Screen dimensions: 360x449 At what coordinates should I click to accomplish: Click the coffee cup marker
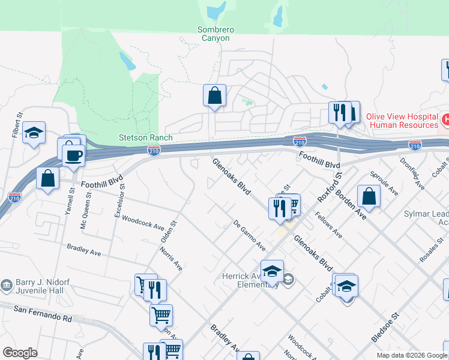(x=74, y=155)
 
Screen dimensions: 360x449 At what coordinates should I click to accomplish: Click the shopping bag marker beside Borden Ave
(x=369, y=196)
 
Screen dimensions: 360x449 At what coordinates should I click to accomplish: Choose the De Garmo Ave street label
(x=249, y=236)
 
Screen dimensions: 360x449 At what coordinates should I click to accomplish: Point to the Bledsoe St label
(x=385, y=328)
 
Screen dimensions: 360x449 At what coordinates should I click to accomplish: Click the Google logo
(x=20, y=353)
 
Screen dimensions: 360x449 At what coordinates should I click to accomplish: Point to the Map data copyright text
(x=412, y=355)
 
